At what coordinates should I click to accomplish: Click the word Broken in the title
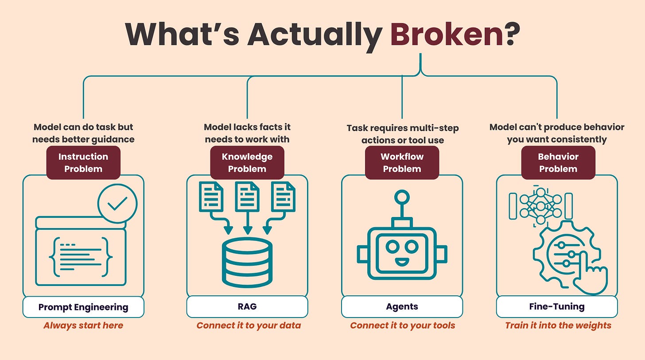click(x=447, y=34)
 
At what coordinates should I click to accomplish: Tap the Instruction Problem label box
click(x=83, y=163)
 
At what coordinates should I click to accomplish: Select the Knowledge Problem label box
click(x=247, y=163)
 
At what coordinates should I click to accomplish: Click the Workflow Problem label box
click(x=402, y=163)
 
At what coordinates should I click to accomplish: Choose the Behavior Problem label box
click(x=558, y=163)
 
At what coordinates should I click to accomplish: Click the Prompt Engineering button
click(x=83, y=307)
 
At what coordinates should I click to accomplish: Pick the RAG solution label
click(x=247, y=306)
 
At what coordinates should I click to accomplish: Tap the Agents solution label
click(x=402, y=306)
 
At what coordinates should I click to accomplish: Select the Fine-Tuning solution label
click(x=557, y=306)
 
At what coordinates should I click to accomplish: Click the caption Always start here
click(x=83, y=325)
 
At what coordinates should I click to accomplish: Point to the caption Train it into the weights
click(x=558, y=325)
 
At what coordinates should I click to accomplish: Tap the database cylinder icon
click(x=247, y=263)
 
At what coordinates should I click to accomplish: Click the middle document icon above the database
click(x=247, y=197)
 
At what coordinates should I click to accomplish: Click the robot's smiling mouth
click(x=402, y=262)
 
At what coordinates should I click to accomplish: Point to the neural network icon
click(x=540, y=206)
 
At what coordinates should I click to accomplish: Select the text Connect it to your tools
click(x=403, y=325)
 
